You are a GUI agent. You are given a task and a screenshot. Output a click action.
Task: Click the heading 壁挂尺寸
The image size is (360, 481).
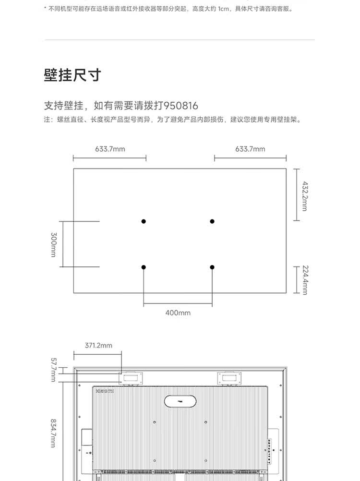(x=72, y=75)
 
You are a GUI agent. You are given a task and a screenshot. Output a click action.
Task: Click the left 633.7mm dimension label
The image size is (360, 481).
(x=110, y=149)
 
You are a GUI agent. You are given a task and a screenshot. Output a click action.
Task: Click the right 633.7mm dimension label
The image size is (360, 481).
(x=250, y=149)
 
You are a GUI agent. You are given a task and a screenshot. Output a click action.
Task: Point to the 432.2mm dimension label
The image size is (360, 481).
(x=305, y=195)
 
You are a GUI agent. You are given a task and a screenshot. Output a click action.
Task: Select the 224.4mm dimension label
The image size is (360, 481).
(x=305, y=280)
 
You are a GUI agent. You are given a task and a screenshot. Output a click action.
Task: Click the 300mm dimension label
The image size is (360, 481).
(x=54, y=244)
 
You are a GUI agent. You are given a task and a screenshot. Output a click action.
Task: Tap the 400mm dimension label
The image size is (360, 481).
(x=178, y=313)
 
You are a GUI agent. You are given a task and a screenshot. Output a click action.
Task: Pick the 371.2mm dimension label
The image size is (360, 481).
(x=98, y=345)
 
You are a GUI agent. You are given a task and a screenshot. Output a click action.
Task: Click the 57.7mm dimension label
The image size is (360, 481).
(x=54, y=370)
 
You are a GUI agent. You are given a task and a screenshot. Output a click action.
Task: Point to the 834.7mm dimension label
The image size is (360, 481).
(x=54, y=433)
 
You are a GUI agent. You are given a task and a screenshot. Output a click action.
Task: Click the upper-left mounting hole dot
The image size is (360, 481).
(x=144, y=221)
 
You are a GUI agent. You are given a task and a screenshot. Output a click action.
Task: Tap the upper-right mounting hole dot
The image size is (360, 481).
(x=212, y=221)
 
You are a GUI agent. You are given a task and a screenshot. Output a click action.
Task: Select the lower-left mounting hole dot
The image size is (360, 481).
(x=144, y=267)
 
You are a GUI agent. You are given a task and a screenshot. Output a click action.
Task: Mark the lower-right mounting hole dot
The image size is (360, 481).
(x=212, y=267)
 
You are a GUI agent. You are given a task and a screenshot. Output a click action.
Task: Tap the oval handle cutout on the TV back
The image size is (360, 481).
(x=180, y=401)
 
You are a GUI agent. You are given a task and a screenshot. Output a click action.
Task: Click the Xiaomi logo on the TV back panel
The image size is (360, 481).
(x=103, y=391)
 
